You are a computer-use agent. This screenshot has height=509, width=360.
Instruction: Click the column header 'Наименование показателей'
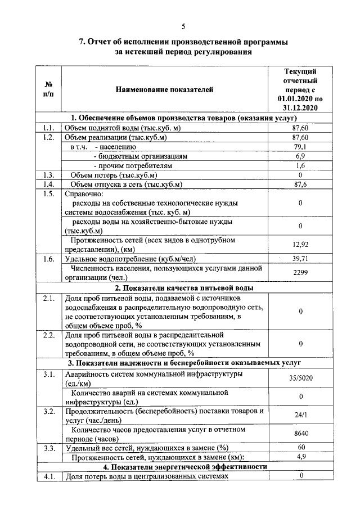165,89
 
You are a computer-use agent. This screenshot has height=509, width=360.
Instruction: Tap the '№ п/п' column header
48,89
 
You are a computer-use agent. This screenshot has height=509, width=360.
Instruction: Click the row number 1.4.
48,184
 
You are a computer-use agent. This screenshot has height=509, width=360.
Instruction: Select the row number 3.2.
48,411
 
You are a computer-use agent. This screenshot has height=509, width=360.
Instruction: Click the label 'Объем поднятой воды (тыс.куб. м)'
122,128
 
